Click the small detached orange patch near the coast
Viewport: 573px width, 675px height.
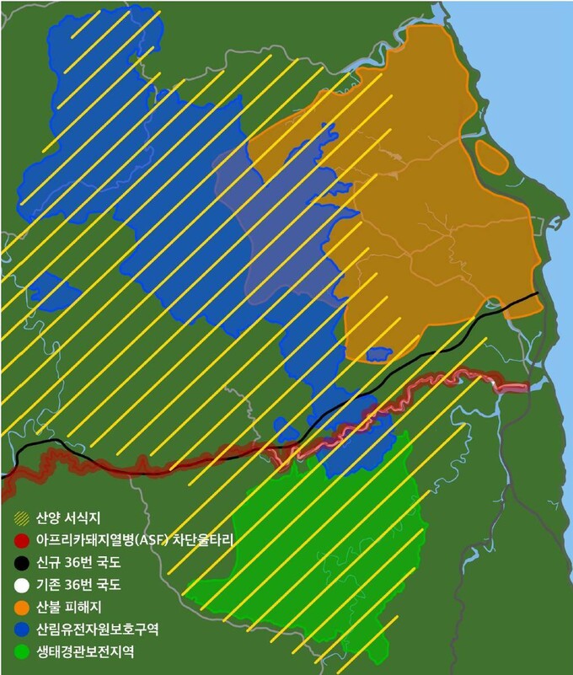coord(491,156)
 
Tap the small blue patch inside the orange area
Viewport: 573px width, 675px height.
coord(378,354)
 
